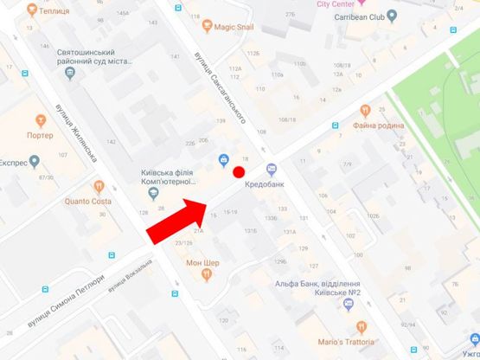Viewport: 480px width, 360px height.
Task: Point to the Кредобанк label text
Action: click(265, 184)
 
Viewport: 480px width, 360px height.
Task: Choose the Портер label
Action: click(40, 135)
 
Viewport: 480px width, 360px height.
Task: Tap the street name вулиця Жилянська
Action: click(87, 138)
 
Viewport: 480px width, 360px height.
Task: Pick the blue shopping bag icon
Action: click(223, 158)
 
